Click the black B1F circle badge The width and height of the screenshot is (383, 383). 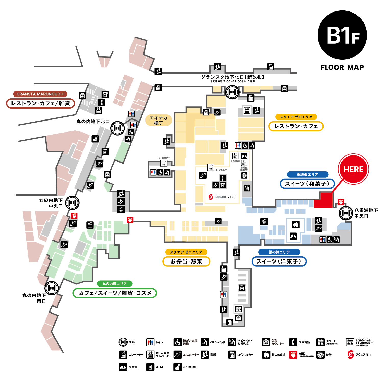coord(342,35)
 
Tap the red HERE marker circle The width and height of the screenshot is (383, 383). coord(353,169)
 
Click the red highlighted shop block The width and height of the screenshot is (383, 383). coord(324,201)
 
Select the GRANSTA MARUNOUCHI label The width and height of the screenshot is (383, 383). coord(40,94)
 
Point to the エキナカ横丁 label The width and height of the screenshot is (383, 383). coord(158,120)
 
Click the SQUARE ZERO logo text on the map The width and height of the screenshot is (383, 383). coord(222,197)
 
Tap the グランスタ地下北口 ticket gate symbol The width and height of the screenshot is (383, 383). coord(232,92)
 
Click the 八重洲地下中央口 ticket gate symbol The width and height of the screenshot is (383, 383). coord(346,213)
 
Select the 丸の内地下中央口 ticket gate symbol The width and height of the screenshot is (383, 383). coord(72,203)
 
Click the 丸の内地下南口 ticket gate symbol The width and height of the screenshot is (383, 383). coord(52,288)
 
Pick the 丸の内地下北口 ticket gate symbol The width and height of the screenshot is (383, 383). coord(117,128)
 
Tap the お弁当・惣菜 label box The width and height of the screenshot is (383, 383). coord(186,261)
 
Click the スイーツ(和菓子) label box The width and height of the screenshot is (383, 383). coord(307,184)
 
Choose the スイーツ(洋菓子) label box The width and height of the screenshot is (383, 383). coord(279,261)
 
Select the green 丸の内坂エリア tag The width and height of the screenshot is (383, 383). coord(115,284)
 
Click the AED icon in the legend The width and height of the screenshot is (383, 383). coord(293,355)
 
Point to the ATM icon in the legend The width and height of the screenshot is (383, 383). coord(150,367)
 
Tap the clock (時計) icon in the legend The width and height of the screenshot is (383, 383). coord(320,355)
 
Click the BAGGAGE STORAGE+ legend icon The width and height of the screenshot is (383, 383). coord(350,342)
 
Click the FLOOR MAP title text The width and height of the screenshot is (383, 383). coord(342,67)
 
